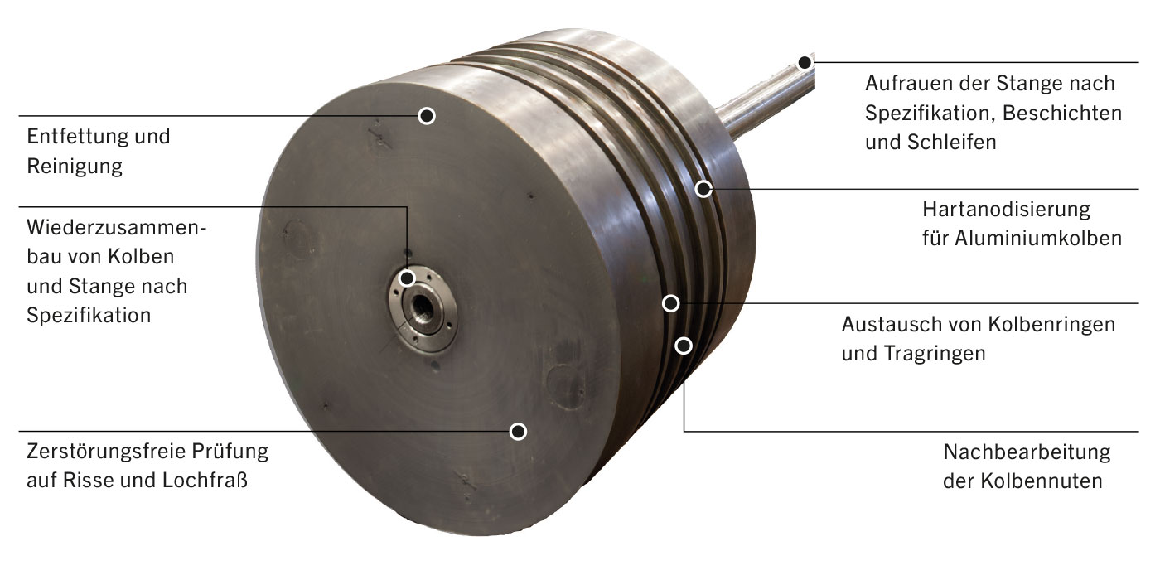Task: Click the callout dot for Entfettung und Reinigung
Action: [427, 115]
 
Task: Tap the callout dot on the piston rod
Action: [805, 63]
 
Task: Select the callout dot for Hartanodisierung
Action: [703, 189]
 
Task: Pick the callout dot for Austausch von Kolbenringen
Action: [670, 303]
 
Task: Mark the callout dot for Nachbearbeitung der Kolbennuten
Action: [684, 346]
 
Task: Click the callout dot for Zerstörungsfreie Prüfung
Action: [518, 431]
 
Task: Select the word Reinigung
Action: [75, 167]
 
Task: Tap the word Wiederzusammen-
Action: [117, 227]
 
